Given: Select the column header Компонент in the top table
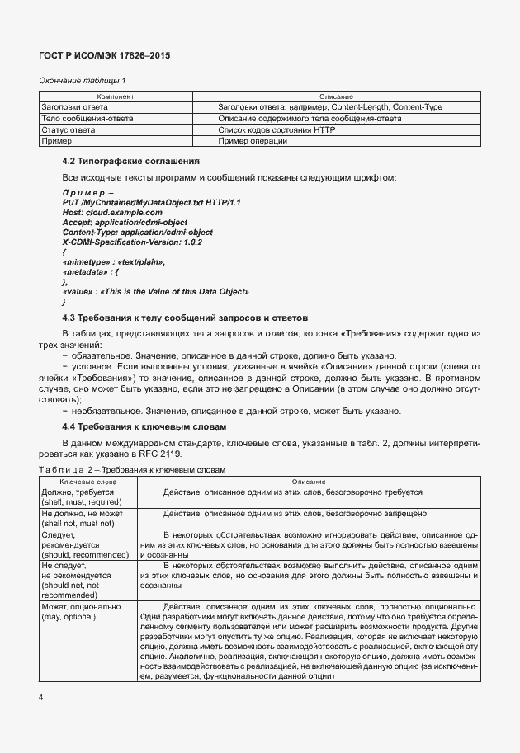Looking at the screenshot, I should click(116, 97).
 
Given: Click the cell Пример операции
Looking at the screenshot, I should click(253, 142).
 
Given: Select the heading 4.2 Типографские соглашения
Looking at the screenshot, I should click(133, 161).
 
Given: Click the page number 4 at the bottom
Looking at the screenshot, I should click(40, 698).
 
